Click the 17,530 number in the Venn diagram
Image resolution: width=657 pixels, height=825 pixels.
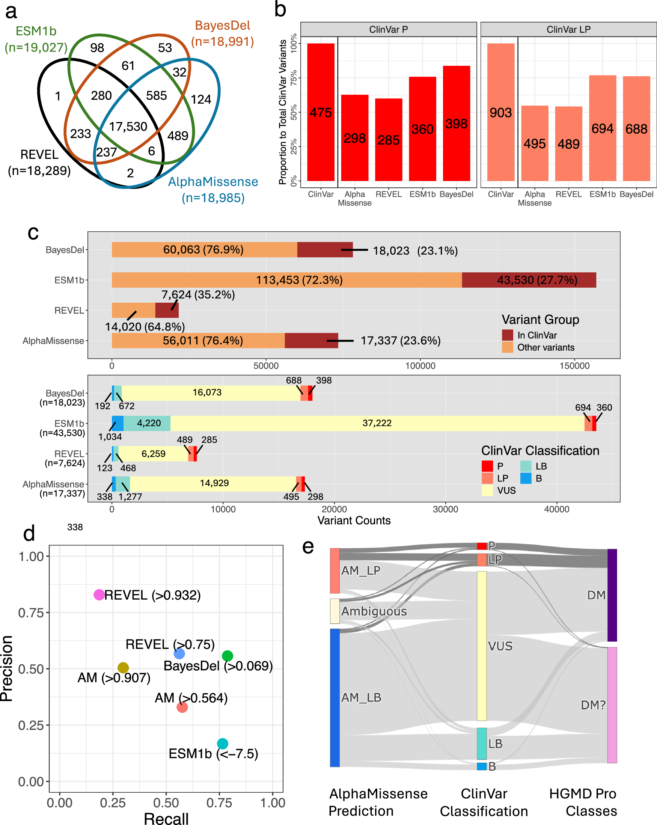128,127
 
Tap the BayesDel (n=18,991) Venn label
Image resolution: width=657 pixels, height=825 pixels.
222,33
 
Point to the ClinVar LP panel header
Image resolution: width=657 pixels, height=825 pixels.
568,29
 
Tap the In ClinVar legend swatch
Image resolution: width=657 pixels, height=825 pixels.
507,335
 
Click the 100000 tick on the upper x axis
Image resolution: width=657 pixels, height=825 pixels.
420,366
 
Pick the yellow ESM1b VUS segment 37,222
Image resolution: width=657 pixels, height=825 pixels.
377,423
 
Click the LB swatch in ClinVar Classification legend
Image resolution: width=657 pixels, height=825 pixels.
526,466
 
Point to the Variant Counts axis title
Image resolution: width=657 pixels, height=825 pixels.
354,520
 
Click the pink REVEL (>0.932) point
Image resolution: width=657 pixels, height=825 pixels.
99,595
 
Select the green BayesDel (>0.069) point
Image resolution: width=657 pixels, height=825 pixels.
227,656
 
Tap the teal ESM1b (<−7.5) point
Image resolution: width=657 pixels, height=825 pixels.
222,744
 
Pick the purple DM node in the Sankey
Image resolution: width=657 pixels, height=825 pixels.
612,595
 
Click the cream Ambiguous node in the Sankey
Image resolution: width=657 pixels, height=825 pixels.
335,611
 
